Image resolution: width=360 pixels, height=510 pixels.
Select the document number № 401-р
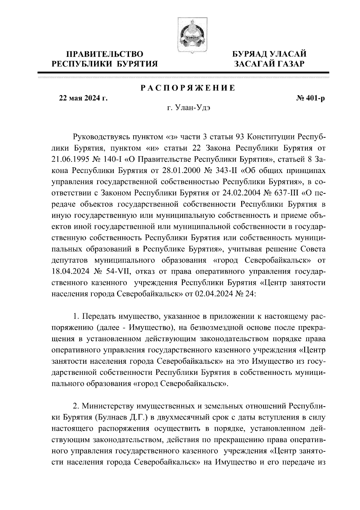(x=310, y=99)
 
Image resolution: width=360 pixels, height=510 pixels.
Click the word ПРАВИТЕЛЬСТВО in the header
(x=105, y=54)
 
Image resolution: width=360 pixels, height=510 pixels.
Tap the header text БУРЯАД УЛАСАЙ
(x=270, y=54)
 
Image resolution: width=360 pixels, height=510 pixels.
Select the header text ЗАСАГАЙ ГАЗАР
(x=270, y=64)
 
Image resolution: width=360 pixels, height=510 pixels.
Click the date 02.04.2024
(x=214, y=294)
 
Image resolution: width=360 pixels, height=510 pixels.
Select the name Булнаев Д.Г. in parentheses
(x=119, y=417)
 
